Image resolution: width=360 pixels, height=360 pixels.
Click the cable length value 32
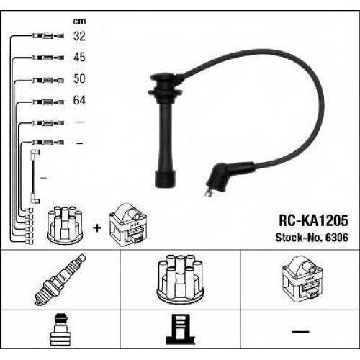coord(79,36)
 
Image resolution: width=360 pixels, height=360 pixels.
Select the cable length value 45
coord(79,57)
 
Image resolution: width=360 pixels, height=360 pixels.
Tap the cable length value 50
coord(79,78)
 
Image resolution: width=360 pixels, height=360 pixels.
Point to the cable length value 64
coord(79,100)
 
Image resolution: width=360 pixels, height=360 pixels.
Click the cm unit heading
coord(79,22)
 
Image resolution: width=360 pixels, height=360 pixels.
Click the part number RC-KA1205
coord(313,220)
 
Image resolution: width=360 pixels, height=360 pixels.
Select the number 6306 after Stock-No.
coord(337,238)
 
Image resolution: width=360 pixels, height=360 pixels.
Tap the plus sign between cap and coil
coord(97,228)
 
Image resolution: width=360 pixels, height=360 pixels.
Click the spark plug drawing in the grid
coord(60,279)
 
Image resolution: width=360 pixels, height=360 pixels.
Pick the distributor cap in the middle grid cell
coord(180,279)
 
